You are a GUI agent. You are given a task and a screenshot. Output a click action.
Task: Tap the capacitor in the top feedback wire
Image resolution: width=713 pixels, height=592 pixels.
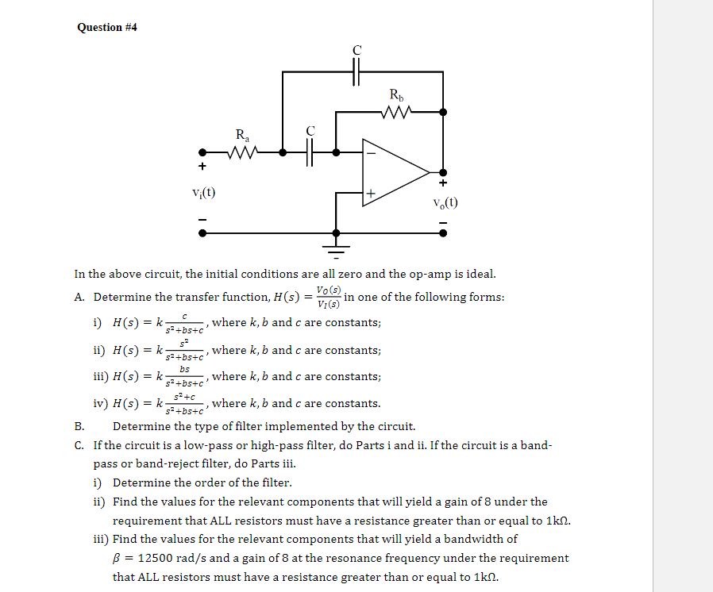(x=356, y=71)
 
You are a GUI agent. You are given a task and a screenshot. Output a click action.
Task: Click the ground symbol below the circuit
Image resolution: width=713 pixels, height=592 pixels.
(x=337, y=248)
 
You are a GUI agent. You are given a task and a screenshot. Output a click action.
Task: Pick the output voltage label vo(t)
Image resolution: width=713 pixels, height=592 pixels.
(x=445, y=202)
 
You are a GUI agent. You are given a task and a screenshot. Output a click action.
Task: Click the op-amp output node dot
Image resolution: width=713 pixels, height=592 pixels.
(x=443, y=171)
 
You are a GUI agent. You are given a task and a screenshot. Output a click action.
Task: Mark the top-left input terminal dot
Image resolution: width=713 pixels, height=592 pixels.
(x=203, y=152)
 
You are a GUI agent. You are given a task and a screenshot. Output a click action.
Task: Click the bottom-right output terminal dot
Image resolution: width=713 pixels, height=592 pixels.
(x=443, y=233)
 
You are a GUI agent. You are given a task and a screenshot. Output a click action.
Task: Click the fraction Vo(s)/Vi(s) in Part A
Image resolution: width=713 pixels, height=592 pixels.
(x=328, y=297)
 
